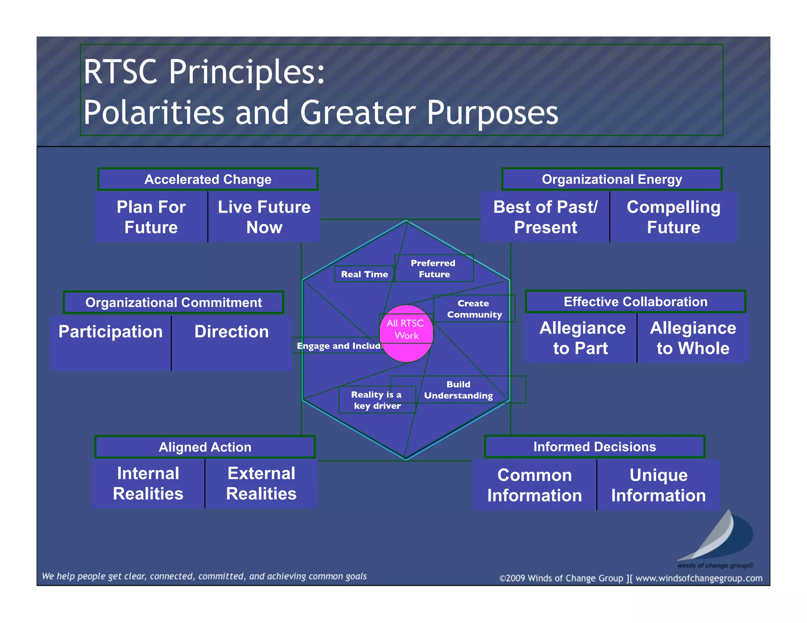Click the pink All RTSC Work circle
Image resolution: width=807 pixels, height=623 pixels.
pos(406,333)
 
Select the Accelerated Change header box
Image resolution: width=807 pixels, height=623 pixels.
pos(208,179)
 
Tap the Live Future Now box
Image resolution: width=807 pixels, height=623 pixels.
pos(264,217)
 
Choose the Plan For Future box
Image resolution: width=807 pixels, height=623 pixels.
pos(151,217)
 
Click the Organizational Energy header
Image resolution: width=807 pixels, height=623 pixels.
pos(612,179)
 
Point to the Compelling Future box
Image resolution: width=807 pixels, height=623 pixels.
pos(673,217)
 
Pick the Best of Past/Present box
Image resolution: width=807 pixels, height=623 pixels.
pos(545,217)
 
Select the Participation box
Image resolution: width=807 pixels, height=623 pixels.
pos(110,342)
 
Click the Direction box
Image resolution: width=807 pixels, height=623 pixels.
pos(231,342)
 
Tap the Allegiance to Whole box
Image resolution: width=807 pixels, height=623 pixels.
pos(693,338)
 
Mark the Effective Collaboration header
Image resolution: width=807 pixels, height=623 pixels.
pos(635,302)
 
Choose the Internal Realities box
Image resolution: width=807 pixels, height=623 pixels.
pos(148,483)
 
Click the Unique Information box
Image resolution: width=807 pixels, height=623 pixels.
pos(658,485)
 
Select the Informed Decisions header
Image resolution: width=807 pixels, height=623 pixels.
pos(594,447)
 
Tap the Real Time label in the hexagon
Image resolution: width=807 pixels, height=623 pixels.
pos(364,274)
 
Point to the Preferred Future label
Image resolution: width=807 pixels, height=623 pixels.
pos(433,268)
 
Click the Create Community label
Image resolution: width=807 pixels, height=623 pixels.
pos(474,309)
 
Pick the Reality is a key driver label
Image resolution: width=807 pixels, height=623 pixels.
pos(377,400)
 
